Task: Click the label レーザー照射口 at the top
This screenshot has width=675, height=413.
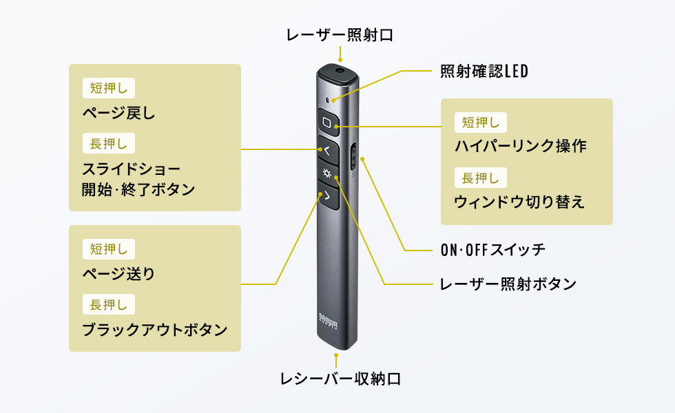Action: [x=340, y=35]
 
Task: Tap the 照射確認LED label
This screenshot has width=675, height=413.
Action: [x=484, y=71]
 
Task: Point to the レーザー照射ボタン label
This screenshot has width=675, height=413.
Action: [x=508, y=284]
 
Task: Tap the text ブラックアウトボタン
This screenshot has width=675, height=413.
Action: [x=154, y=329]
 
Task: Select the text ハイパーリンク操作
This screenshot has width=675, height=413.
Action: [x=521, y=146]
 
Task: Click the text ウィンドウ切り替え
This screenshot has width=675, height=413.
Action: [x=519, y=202]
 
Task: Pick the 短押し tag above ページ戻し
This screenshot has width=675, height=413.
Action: [x=108, y=88]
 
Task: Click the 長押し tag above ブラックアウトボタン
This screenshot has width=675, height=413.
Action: [x=108, y=304]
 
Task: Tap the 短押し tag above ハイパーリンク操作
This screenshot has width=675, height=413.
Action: [x=481, y=122]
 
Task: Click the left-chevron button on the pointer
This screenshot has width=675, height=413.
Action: [x=327, y=149]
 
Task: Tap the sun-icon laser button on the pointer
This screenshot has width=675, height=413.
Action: [x=327, y=173]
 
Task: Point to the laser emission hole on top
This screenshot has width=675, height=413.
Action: [x=340, y=70]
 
